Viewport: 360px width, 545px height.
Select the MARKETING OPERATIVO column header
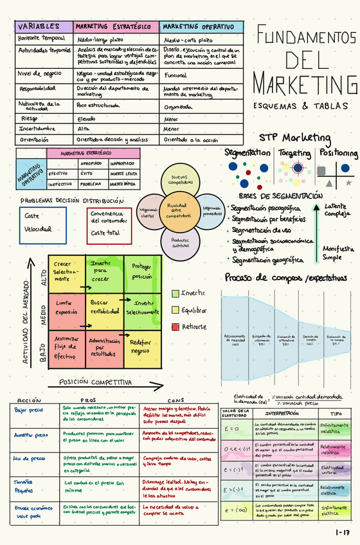click(x=201, y=27)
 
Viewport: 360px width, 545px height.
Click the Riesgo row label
click(x=30, y=118)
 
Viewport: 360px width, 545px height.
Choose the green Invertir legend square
click(x=175, y=293)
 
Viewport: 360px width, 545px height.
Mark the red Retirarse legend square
click(x=175, y=327)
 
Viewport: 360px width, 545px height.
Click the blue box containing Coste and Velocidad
click(x=42, y=225)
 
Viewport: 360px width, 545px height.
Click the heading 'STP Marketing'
click(x=294, y=138)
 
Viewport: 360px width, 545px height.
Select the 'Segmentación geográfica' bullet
click(x=267, y=260)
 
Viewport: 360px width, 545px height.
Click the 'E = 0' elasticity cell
click(x=233, y=429)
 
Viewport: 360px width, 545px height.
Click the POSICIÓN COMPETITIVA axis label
click(x=95, y=382)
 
